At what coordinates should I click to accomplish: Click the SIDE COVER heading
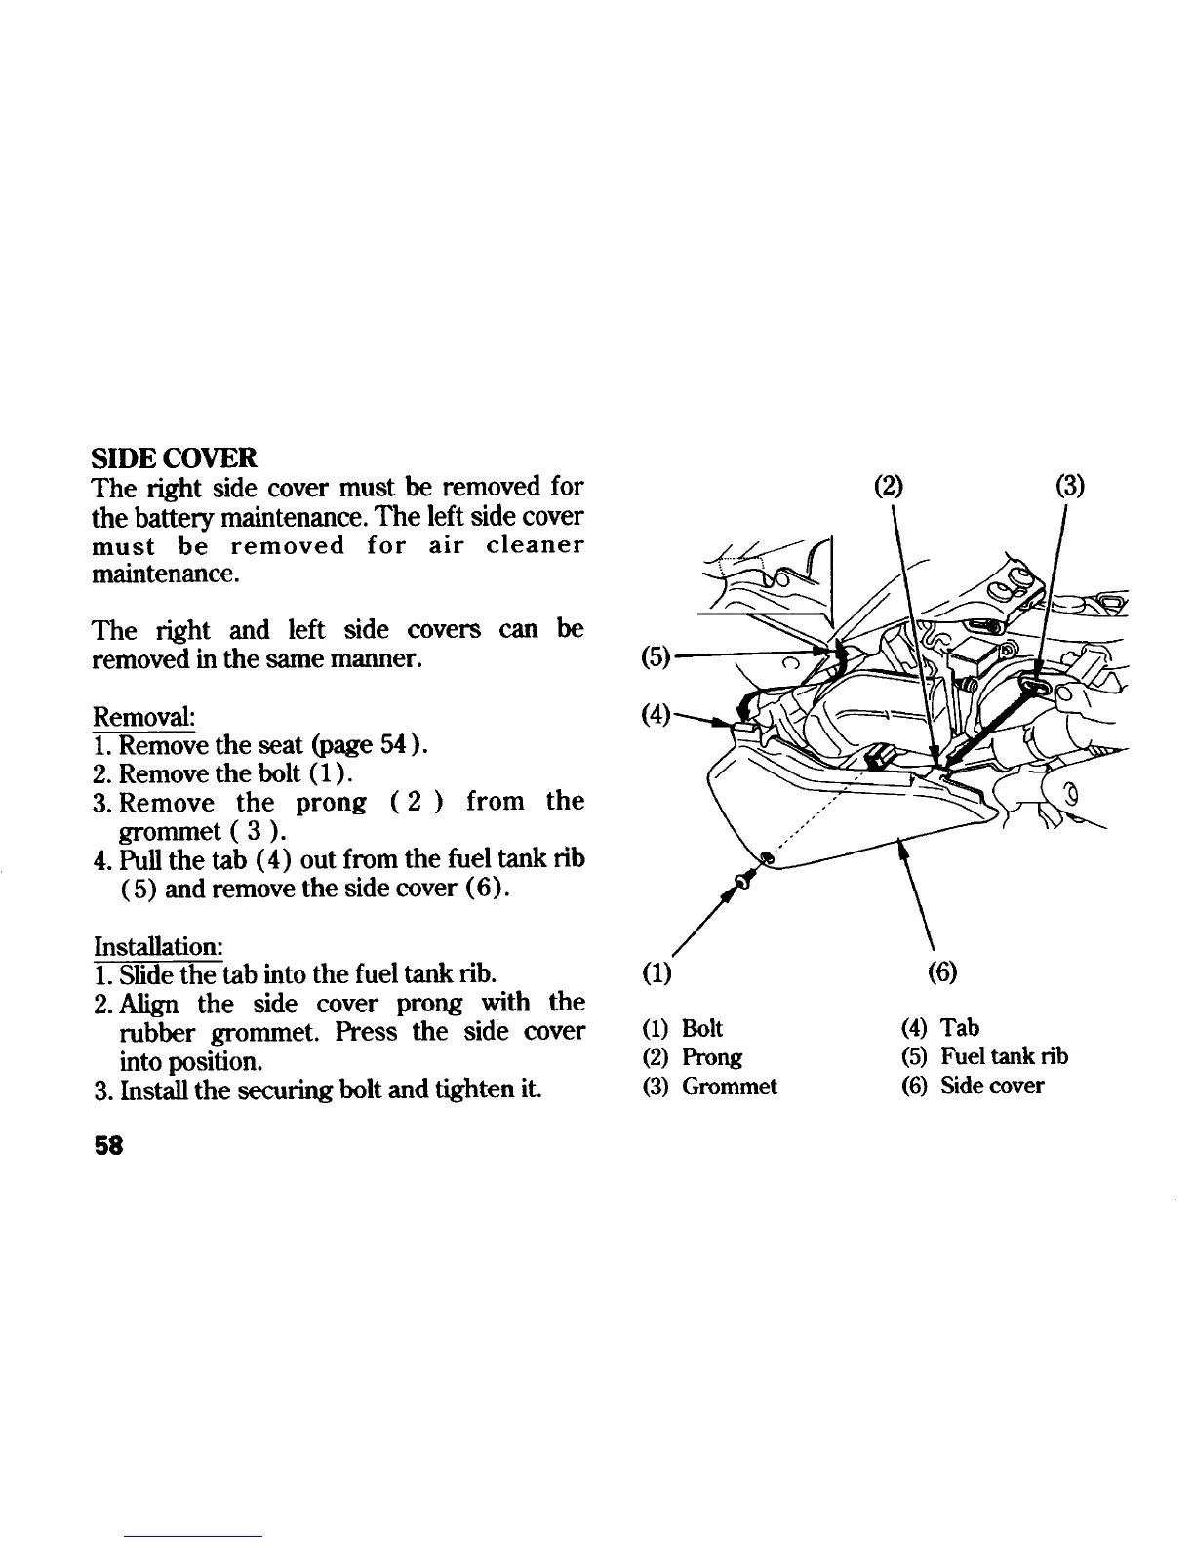pos(175,457)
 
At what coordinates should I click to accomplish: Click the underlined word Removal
pos(143,717)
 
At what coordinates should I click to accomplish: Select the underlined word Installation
pos(158,946)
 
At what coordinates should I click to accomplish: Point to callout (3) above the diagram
pos(1070,485)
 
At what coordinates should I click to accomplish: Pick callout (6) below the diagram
pos(943,972)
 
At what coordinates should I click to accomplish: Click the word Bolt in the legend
pos(702,1028)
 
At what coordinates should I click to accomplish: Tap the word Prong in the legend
pos(712,1057)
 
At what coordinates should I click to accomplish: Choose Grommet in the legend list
pos(730,1087)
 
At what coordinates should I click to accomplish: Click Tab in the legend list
pos(960,1028)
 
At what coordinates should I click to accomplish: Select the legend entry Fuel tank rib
pos(1004,1057)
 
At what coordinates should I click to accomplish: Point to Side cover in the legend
pos(992,1087)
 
